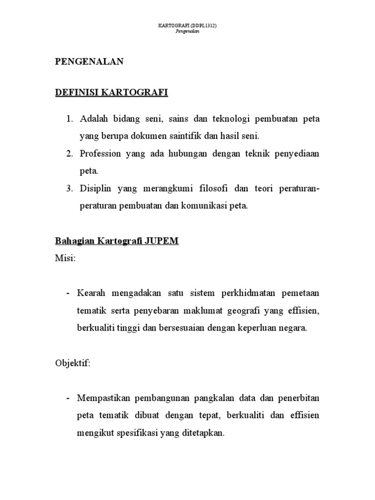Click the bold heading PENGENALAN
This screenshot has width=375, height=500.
coord(89,62)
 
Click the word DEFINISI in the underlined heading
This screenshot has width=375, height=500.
coord(76,93)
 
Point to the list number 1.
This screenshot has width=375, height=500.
coord(69,119)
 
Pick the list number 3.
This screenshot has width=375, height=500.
coord(69,188)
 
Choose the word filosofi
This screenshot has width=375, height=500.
coord(200,188)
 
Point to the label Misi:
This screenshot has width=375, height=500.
coord(65,258)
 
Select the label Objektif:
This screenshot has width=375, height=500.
coord(72,364)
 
